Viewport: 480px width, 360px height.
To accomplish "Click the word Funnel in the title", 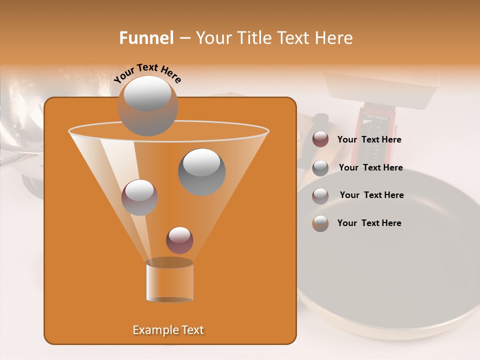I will [146, 38].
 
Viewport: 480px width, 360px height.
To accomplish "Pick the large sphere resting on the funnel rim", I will [147, 105].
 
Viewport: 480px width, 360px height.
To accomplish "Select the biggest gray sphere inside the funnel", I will [201, 171].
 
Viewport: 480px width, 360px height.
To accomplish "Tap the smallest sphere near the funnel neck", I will [179, 240].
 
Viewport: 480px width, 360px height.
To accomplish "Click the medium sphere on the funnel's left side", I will [139, 197].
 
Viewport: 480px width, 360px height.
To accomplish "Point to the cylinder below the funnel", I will [169, 281].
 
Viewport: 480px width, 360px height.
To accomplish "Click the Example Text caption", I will [168, 330].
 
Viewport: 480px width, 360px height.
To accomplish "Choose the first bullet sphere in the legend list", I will [320, 139].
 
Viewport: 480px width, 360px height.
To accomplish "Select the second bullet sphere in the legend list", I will [320, 168].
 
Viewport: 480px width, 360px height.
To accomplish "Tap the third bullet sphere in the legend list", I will [320, 196].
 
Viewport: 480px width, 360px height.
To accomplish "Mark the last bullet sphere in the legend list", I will [320, 223].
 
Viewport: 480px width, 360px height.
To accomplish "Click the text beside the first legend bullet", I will [369, 140].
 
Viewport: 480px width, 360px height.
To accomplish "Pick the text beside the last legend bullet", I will [369, 223].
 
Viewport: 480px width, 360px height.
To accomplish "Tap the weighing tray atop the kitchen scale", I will [380, 90].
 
